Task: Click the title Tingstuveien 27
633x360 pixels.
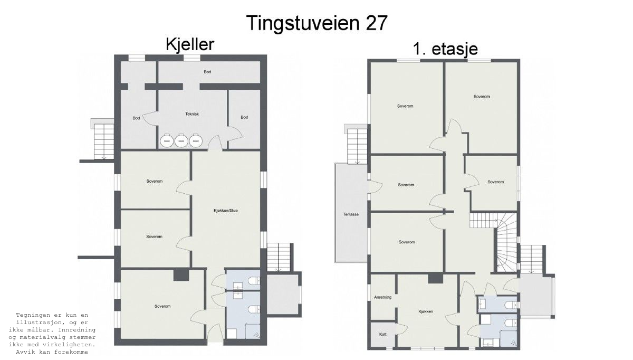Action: (317, 23)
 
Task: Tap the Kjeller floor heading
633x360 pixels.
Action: (190, 45)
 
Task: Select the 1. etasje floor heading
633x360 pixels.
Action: (445, 49)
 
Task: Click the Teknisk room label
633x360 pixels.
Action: (192, 114)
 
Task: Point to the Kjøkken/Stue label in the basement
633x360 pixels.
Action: (226, 211)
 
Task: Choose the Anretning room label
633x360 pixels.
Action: (382, 297)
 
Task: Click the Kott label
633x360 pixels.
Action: (382, 334)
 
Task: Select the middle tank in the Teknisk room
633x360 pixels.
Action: (181, 140)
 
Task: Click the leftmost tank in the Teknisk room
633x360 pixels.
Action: (167, 140)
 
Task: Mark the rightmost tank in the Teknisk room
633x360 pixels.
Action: (196, 140)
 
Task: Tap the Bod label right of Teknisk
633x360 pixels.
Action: (244, 117)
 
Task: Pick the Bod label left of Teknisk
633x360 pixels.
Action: (136, 118)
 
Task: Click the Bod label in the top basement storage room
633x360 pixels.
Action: (208, 72)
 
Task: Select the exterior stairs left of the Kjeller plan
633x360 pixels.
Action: (103, 141)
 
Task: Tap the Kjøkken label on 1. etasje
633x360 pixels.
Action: (426, 311)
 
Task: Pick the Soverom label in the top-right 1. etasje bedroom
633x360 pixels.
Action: (482, 97)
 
